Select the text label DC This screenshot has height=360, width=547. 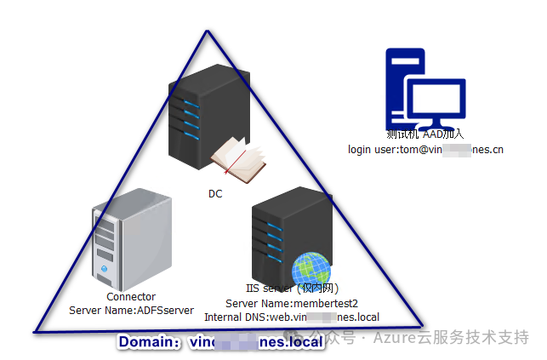(x=215, y=194)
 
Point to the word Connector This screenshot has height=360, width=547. (x=131, y=297)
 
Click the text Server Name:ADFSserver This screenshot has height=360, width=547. (x=131, y=311)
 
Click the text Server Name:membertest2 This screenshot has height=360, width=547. (x=291, y=304)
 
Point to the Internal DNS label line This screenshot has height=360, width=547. (x=291, y=317)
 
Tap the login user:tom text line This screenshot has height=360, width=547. (x=425, y=150)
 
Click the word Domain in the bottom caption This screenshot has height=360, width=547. (x=146, y=342)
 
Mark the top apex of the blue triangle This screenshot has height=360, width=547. (x=207, y=32)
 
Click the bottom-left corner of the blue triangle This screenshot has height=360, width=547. (x=34, y=330)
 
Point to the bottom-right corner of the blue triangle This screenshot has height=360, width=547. (x=421, y=323)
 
